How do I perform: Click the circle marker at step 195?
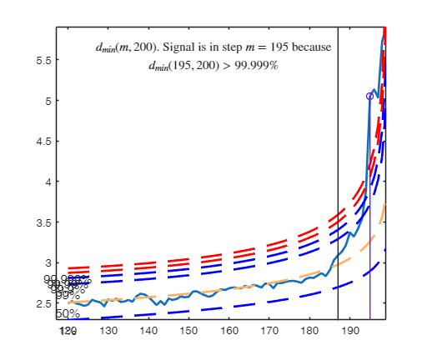[369, 97]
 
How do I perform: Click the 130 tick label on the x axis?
[108, 331]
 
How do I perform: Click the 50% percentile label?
[68, 314]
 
